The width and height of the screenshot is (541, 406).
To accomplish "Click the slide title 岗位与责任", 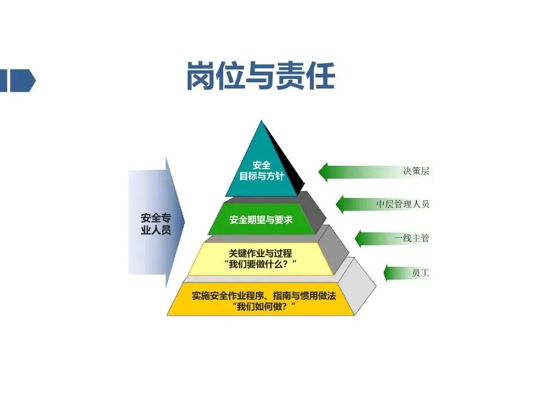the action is [x=260, y=77].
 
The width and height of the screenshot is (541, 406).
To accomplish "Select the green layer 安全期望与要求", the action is [x=261, y=220].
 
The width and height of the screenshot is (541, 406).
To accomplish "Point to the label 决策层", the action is [x=415, y=171].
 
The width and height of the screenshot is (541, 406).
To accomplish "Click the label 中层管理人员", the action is [x=402, y=204].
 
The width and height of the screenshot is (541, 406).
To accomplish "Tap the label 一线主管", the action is [x=411, y=238].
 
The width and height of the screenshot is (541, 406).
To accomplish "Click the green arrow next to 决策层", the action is [x=355, y=171].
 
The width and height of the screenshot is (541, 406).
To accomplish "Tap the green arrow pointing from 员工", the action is [x=394, y=273].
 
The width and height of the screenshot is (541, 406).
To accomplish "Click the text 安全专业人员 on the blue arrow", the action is [x=155, y=224].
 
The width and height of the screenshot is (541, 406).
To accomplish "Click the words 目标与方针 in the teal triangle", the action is [x=261, y=176].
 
